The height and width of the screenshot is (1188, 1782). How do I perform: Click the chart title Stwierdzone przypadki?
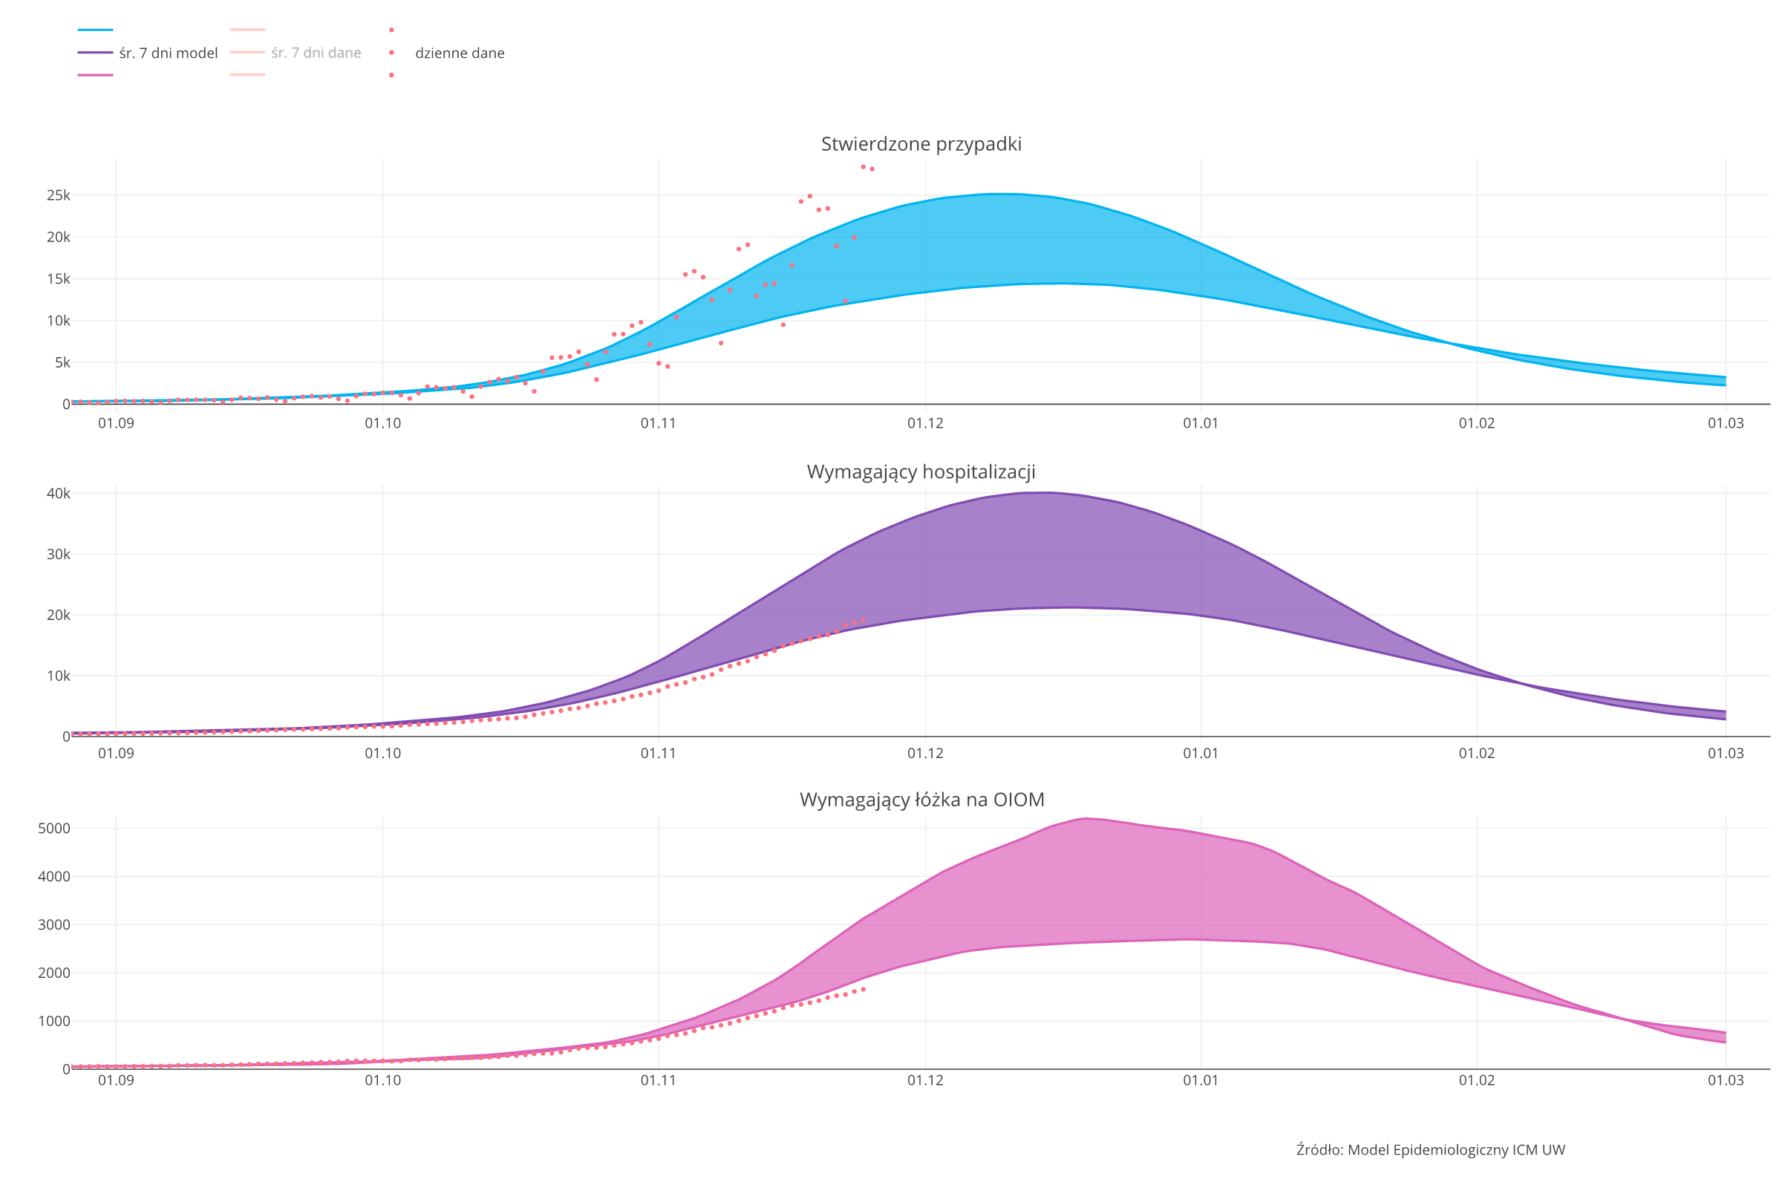coord(921,144)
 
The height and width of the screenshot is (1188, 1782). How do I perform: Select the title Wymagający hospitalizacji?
coord(921,472)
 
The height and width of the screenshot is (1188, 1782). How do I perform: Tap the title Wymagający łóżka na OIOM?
coord(921,800)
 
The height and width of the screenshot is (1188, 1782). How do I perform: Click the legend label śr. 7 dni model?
coord(169,53)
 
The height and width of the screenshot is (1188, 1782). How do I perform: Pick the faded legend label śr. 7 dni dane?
coord(316,53)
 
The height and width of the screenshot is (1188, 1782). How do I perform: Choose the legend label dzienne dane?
coord(459,53)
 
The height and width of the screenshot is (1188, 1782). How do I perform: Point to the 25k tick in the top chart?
coord(59,195)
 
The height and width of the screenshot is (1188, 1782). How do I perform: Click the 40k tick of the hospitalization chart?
coord(59,493)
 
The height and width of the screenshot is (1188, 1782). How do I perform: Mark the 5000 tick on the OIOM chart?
coord(53,828)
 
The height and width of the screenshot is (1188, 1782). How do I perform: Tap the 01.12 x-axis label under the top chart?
coord(925,423)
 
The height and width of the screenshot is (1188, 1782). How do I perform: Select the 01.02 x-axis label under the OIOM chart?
coord(1477,1080)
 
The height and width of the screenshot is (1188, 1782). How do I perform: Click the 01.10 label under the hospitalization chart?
coord(382,754)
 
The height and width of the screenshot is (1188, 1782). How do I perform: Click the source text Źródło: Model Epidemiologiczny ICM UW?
coord(1431,1150)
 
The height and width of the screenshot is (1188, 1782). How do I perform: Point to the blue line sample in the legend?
coord(96,30)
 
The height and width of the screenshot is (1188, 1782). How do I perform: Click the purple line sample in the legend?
coord(96,53)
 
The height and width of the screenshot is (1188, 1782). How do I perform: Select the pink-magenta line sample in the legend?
coord(96,75)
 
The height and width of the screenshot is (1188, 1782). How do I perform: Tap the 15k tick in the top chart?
coord(59,279)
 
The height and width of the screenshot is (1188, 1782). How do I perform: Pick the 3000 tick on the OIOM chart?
coord(53,924)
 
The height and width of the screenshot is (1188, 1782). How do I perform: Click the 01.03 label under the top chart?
coord(1725,423)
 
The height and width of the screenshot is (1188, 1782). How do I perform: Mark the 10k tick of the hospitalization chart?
coord(59,676)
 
